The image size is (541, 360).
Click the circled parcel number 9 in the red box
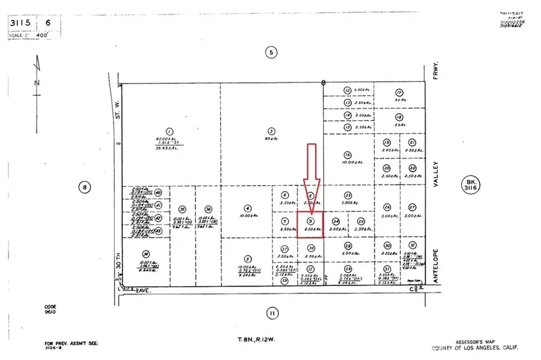click(311, 221)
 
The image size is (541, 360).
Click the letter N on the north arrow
click(36, 82)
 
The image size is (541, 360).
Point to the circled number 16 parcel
click(347, 154)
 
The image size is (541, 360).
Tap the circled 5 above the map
click(271, 53)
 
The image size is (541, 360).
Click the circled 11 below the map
click(271, 313)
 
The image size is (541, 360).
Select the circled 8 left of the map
click(84, 187)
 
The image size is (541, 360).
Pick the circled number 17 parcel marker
click(399, 92)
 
